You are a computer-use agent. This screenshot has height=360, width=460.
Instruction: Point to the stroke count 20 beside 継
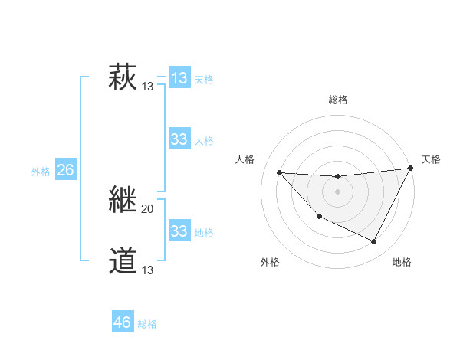(x=148, y=209)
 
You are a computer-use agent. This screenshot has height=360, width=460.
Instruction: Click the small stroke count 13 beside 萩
(x=148, y=87)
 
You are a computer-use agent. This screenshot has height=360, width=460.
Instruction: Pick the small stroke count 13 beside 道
(x=148, y=270)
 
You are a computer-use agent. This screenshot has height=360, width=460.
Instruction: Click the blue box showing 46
(x=123, y=322)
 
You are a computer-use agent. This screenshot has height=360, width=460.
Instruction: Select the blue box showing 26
(x=65, y=170)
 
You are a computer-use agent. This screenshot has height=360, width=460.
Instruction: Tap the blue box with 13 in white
(x=179, y=78)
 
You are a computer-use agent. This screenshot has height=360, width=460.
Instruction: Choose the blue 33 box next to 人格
(x=179, y=139)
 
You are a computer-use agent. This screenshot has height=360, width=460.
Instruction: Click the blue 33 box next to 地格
(x=179, y=231)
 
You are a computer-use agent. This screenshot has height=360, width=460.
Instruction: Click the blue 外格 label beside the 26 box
(x=41, y=172)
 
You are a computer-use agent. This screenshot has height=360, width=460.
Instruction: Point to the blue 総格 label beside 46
(x=147, y=324)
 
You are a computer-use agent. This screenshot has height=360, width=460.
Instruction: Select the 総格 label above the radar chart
(x=338, y=100)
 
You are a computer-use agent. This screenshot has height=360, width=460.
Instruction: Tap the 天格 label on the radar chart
(x=431, y=159)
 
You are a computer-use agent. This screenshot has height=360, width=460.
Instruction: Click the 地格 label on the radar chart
(x=402, y=262)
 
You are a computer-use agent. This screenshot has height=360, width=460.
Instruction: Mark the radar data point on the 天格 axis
(x=411, y=169)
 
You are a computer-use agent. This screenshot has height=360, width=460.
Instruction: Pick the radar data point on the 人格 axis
(x=279, y=172)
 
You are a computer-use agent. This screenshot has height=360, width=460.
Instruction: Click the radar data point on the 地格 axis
(x=374, y=242)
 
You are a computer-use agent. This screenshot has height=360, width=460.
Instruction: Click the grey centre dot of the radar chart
(x=337, y=191)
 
